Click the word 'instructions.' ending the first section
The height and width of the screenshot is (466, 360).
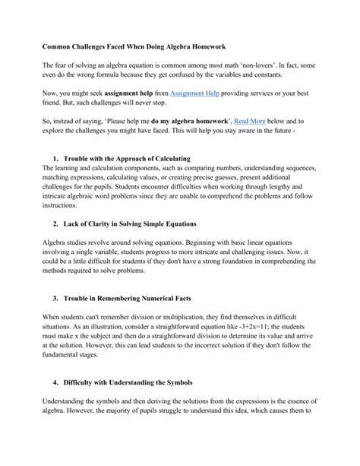[x=59, y=205]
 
